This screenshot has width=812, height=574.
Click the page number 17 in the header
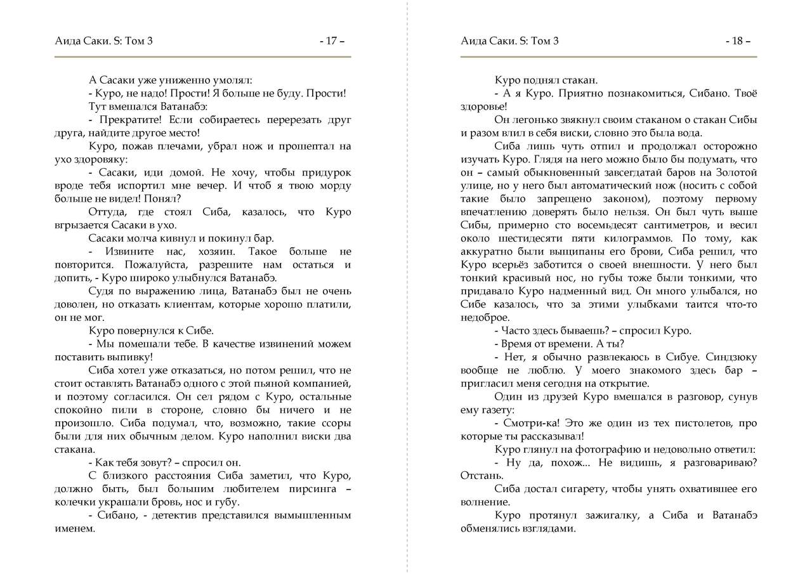(331, 42)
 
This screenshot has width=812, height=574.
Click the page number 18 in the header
(737, 42)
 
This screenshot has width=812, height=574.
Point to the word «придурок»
(323, 173)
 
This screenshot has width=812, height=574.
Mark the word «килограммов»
(636, 238)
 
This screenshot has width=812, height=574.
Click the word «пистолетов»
(690, 423)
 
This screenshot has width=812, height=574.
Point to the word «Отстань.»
(482, 476)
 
